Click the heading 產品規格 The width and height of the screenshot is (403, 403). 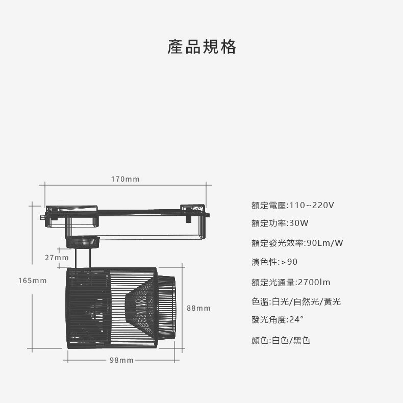click(202, 47)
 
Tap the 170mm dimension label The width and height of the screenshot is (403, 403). click(125, 179)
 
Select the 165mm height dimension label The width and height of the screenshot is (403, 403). click(32, 281)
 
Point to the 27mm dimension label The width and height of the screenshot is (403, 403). click(57, 258)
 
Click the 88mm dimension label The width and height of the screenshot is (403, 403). click(198, 309)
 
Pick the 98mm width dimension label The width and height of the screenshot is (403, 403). click(121, 361)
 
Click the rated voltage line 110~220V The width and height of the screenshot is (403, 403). click(293, 205)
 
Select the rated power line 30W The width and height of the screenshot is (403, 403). click(280, 223)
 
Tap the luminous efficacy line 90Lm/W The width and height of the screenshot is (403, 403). click(297, 243)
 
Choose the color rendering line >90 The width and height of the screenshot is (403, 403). click(274, 262)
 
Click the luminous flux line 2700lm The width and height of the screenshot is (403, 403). click(291, 282)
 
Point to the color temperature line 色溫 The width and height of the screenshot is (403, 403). click(296, 301)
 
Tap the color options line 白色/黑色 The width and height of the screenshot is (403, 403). click(281, 340)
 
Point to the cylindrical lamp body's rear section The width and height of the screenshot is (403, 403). click(88, 308)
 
